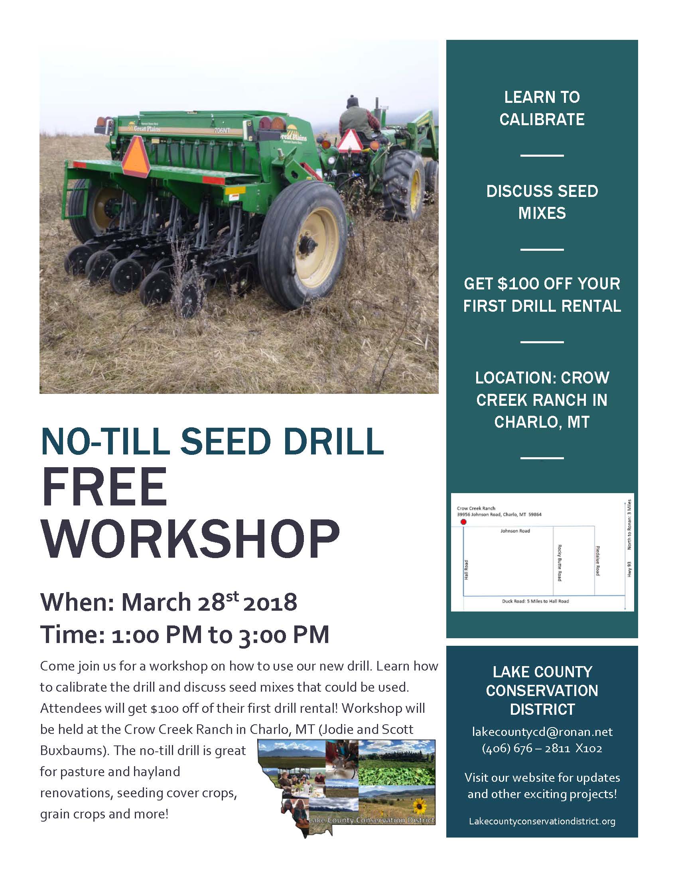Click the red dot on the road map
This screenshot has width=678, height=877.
coord(463,522)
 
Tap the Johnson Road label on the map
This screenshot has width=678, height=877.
coord(515,531)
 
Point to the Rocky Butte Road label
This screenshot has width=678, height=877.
coord(559,562)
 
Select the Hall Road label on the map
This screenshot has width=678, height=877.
coord(466,569)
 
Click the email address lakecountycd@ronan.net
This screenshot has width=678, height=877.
coord(542,731)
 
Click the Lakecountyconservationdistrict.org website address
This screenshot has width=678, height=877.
coord(542,821)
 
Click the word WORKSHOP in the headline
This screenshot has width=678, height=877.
coord(191,539)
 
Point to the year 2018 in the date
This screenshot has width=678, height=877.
coord(270,602)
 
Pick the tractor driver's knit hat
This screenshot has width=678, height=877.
coord(353,101)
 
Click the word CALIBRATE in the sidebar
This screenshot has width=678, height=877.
coord(542,119)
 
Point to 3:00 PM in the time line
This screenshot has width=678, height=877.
coord(284,635)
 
